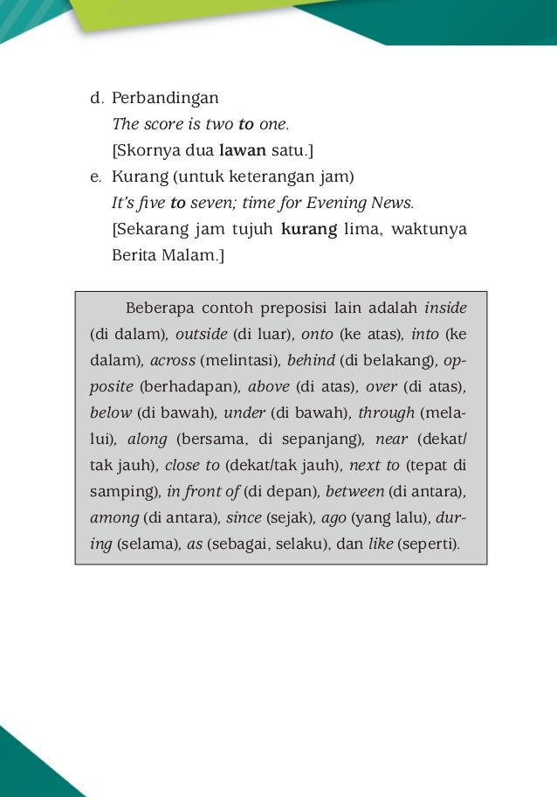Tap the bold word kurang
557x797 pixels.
pyautogui.click(x=309, y=230)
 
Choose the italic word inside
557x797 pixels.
pyautogui.click(x=445, y=308)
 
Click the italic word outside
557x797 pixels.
pyautogui.click(x=201, y=334)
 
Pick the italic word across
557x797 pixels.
pyautogui.click(x=172, y=360)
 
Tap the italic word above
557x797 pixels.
pyautogui.click(x=269, y=386)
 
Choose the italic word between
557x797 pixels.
pyautogui.click(x=354, y=492)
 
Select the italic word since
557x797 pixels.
pyautogui.click(x=244, y=518)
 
